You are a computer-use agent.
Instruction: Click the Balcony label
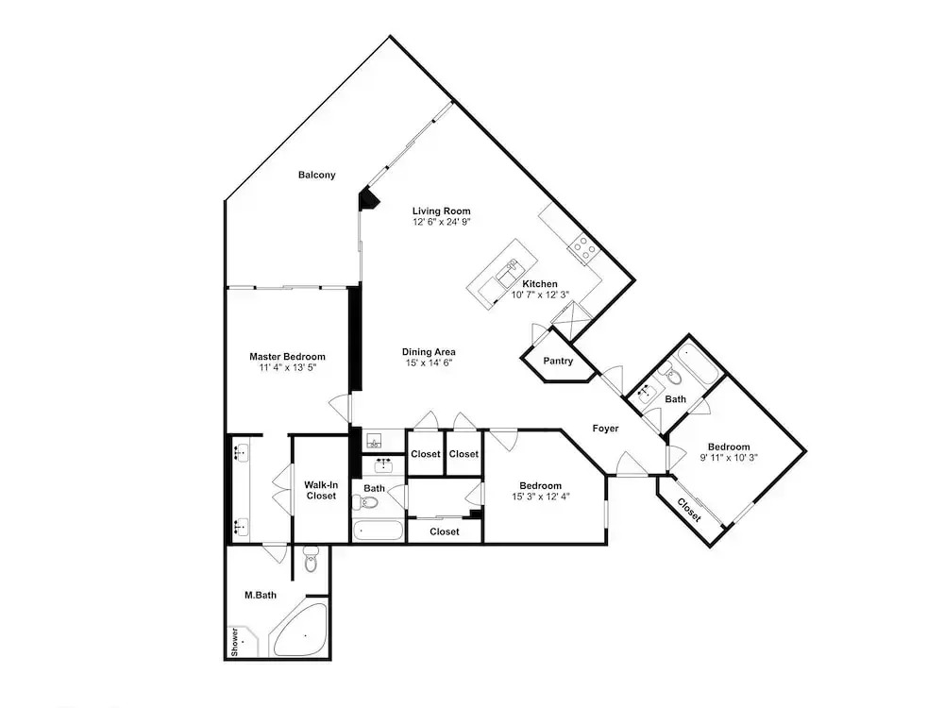pyautogui.click(x=316, y=176)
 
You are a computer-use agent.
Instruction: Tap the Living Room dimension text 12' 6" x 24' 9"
pyautogui.click(x=441, y=222)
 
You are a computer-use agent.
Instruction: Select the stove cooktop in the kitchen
pyautogui.click(x=584, y=248)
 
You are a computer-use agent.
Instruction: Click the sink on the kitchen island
pyautogui.click(x=508, y=272)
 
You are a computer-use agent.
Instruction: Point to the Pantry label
pyautogui.click(x=558, y=362)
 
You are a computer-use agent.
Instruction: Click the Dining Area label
pyautogui.click(x=429, y=352)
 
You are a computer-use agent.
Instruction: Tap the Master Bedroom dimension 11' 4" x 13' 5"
pyautogui.click(x=287, y=367)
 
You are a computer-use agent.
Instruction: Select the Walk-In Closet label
pyautogui.click(x=321, y=491)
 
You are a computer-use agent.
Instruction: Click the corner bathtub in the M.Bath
pyautogui.click(x=300, y=629)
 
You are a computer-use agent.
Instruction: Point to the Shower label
pyautogui.click(x=234, y=642)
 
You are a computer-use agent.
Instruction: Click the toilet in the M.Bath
pyautogui.click(x=310, y=559)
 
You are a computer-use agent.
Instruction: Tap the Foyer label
pyautogui.click(x=605, y=429)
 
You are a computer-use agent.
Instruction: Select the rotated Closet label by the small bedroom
pyautogui.click(x=689, y=510)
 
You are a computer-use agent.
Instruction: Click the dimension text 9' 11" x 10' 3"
pyautogui.click(x=729, y=458)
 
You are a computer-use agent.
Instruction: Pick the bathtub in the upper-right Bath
pyautogui.click(x=699, y=363)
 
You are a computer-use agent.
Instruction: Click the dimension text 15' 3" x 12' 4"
pyautogui.click(x=541, y=497)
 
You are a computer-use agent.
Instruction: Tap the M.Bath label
pyautogui.click(x=261, y=596)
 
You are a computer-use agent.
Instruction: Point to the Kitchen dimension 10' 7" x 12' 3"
pyautogui.click(x=540, y=295)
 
